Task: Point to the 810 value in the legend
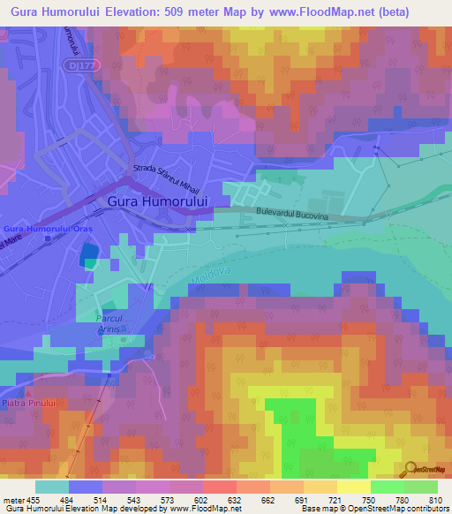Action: [436, 501]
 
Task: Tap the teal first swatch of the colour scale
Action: [51, 487]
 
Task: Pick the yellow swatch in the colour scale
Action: [353, 487]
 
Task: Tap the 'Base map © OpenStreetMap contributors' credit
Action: [372, 509]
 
